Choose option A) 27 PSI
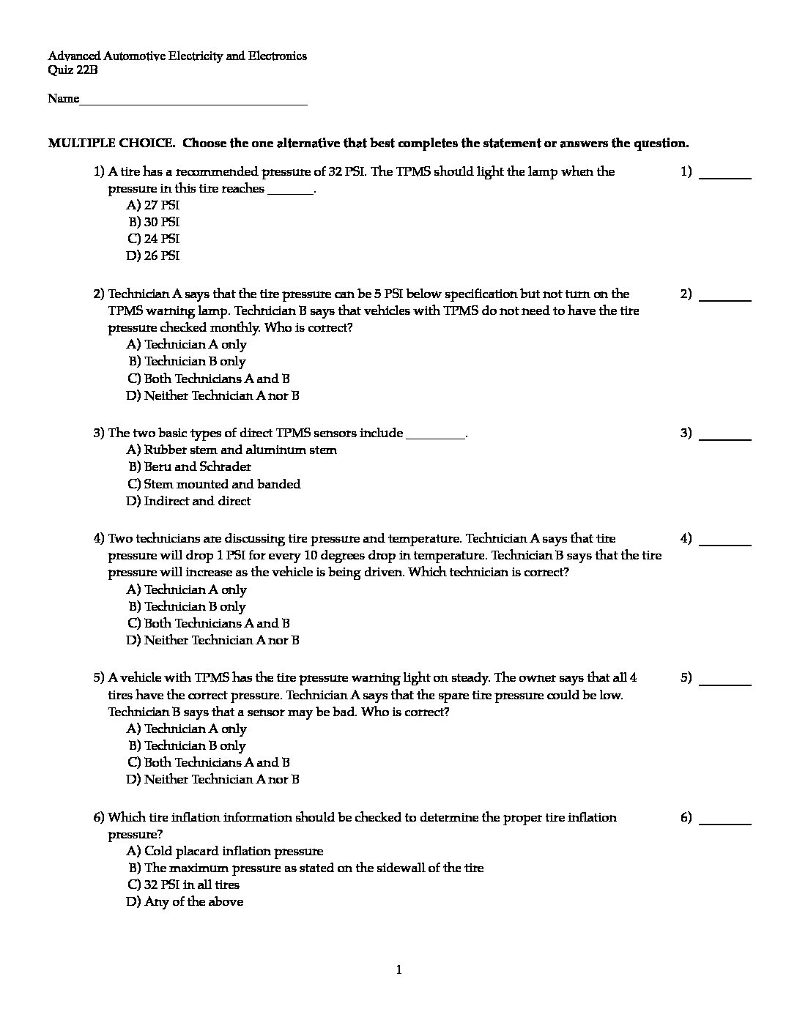[x=153, y=205]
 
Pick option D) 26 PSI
[x=153, y=256]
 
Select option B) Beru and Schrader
[x=190, y=466]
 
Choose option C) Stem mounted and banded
[x=214, y=484]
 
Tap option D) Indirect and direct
[x=188, y=501]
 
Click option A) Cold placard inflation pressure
[x=225, y=851]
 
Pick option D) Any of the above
[x=185, y=901]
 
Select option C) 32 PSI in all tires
[x=183, y=885]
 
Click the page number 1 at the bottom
[x=398, y=970]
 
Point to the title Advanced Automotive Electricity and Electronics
[x=177, y=56]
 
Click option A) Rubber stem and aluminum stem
[x=231, y=450]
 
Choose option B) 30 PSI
[x=154, y=222]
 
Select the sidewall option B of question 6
[x=305, y=868]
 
